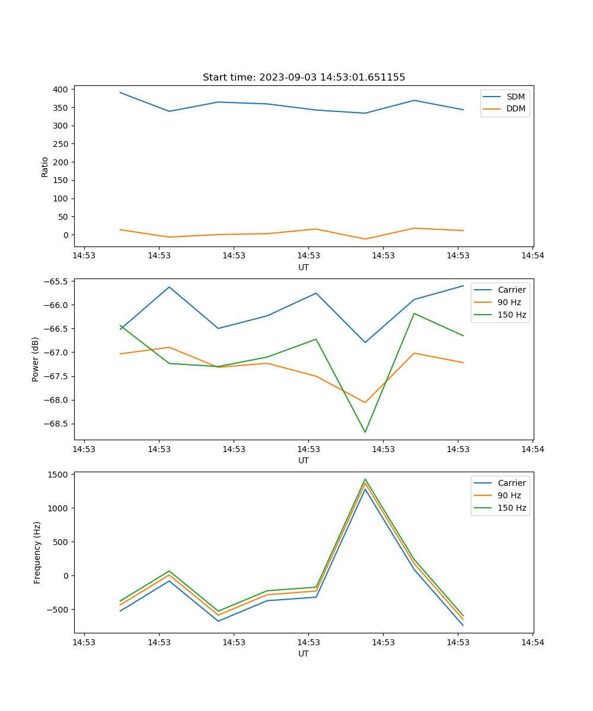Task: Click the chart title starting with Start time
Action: point(304,78)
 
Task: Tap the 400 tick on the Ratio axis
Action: point(61,89)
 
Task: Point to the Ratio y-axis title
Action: point(45,167)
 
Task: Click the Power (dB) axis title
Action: point(36,359)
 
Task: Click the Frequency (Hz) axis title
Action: point(37,552)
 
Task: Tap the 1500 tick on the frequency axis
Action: point(58,475)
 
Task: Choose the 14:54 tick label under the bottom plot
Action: point(532,642)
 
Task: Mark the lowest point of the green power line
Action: point(365,432)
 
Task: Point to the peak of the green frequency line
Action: point(365,479)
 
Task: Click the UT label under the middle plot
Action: point(304,460)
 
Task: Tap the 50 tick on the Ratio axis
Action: point(63,217)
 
